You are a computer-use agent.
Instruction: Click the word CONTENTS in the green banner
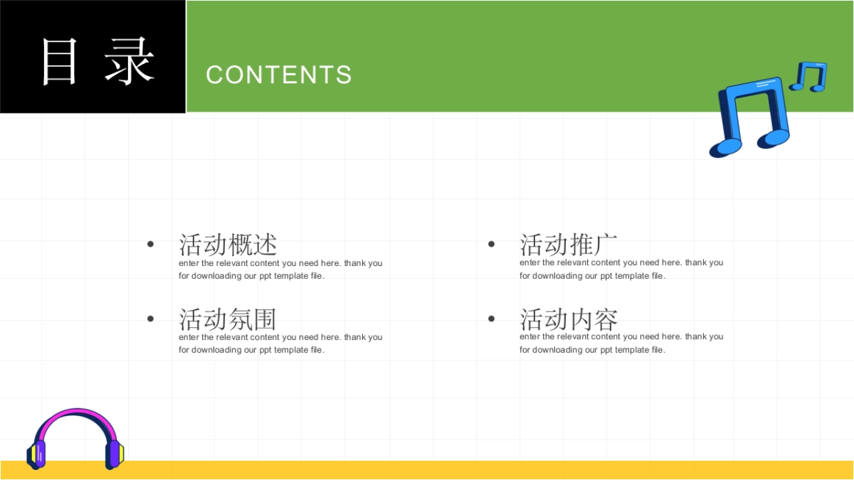[x=279, y=75]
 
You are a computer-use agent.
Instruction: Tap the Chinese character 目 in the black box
[x=58, y=61]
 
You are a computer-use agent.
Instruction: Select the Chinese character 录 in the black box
[x=130, y=61]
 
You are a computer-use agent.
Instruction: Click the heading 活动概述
[x=228, y=245]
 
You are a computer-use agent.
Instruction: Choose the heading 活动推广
[x=568, y=245]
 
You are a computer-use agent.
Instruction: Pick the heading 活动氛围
[x=228, y=319]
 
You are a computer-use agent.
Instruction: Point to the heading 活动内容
[x=569, y=319]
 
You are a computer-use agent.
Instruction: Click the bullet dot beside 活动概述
[x=151, y=244]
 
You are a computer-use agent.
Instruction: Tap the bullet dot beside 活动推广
[x=492, y=244]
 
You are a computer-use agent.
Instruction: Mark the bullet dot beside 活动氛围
[x=151, y=319]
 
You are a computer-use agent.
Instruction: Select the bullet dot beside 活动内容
[x=492, y=319]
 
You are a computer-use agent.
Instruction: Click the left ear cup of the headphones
[x=36, y=454]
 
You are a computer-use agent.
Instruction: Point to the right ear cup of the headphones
[x=115, y=454]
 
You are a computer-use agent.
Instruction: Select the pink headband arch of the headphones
[x=75, y=412]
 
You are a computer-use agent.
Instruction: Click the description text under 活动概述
[x=280, y=270]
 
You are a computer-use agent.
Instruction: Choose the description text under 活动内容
[x=621, y=343]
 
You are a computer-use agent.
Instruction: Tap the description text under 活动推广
[x=621, y=269]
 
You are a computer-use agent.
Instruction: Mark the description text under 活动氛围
[x=280, y=343]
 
